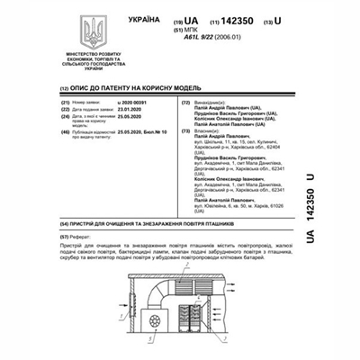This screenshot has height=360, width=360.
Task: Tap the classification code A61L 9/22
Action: point(226,36)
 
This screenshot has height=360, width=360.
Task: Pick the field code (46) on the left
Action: point(65,132)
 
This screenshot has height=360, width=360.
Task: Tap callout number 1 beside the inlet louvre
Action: point(118,297)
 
